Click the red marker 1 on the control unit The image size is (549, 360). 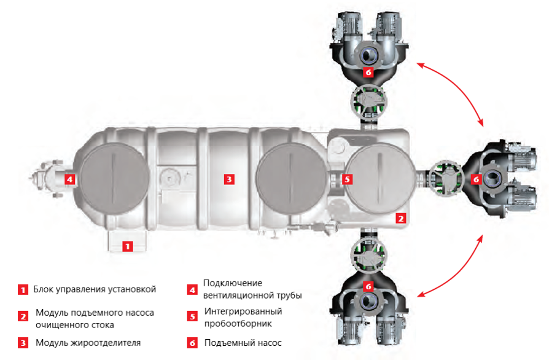click(127, 246)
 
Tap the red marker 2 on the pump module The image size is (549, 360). click(400, 217)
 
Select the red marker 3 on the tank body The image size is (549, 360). click(228, 179)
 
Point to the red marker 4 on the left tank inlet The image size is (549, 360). click(70, 179)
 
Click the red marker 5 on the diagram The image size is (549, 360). click(347, 179)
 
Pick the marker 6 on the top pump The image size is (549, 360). click(368, 72)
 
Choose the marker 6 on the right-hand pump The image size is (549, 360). click(475, 179)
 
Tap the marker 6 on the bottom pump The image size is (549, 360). click(368, 286)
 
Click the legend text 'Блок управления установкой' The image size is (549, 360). click(95, 289)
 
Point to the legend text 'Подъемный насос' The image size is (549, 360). click(243, 342)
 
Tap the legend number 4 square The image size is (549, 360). click(192, 289)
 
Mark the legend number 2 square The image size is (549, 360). click(23, 316)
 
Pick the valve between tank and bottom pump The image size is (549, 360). click(368, 254)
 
